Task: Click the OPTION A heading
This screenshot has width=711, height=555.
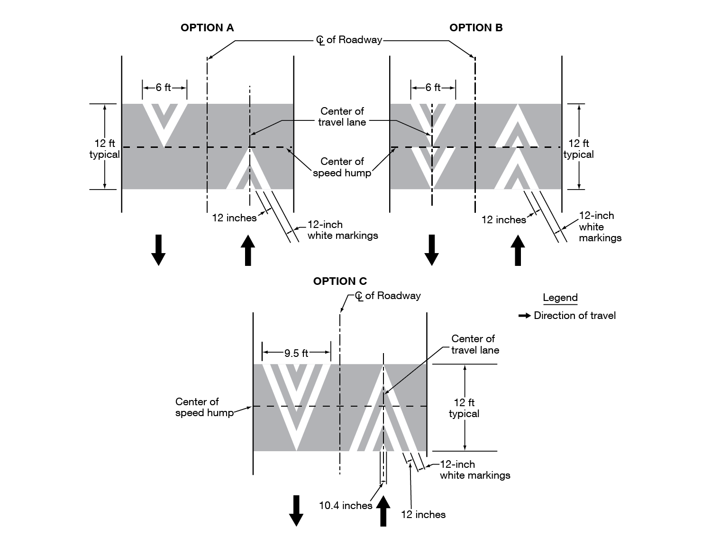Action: coord(207,28)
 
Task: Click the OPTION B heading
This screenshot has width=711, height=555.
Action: coord(476,28)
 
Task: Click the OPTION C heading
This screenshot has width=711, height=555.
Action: coord(340,282)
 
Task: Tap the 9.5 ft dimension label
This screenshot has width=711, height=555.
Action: coord(296,353)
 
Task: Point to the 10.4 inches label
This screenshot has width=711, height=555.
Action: coord(345,506)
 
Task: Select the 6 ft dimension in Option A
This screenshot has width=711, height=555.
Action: coord(164,88)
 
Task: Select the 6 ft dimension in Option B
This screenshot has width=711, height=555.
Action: coord(433,88)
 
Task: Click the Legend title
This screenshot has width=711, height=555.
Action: coord(560,298)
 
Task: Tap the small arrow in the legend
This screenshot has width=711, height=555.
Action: coord(524,316)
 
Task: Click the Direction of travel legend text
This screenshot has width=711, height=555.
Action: coord(574,316)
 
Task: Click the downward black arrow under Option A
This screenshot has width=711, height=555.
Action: coord(158,250)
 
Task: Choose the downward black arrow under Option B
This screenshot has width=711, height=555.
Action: coord(431,250)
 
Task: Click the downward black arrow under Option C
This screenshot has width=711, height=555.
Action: coord(296,510)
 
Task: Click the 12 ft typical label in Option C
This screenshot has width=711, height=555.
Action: coord(464,408)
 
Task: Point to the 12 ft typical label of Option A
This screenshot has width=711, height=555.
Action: coord(105,149)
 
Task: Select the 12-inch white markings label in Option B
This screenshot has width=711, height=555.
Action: coord(600,227)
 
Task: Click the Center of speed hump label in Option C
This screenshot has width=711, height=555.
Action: coord(204,407)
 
